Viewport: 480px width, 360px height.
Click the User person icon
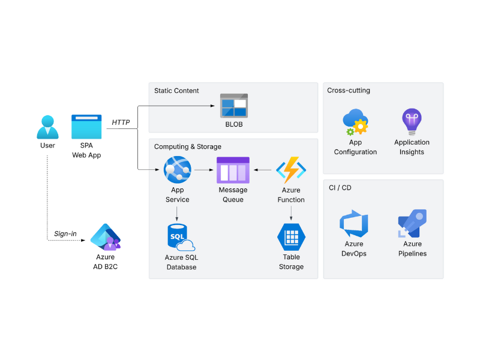point(47,127)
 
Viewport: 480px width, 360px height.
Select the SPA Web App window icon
point(86,127)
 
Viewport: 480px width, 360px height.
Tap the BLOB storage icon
point(233,106)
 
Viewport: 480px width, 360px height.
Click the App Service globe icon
point(177,170)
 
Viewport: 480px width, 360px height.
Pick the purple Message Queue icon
point(233,170)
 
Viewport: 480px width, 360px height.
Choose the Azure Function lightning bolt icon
point(291,170)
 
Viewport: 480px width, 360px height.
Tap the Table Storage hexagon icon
point(291,237)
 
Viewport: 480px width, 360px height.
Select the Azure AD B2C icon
point(105,237)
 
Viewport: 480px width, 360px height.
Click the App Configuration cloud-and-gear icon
point(355,122)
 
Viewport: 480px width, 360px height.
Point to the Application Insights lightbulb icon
point(412,122)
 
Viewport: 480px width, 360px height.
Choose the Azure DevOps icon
point(354,224)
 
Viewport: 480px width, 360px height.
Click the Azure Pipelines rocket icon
point(412,224)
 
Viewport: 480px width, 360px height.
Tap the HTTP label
point(121,122)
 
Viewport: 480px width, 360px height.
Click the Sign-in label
point(65,233)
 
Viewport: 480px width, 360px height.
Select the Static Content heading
point(176,91)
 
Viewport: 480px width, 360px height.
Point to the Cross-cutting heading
point(349,91)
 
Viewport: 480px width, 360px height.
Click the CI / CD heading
point(340,188)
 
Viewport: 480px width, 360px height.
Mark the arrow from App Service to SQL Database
point(177,213)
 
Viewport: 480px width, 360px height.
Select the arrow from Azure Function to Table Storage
point(291,213)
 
